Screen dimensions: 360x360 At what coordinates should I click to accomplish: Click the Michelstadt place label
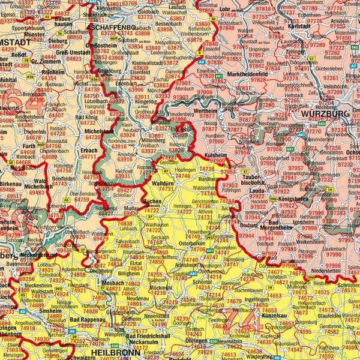pos(99,130)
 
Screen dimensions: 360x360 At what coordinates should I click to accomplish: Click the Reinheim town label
pos(53,71)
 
